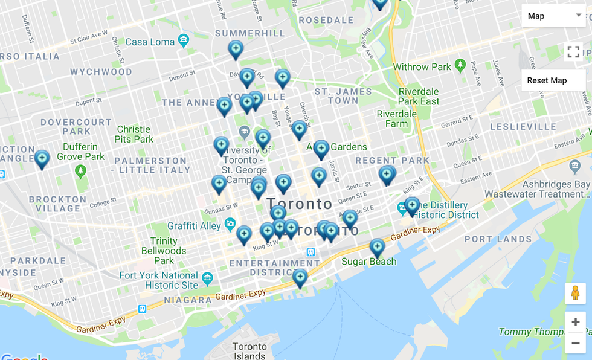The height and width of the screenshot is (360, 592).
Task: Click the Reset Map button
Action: [547, 80]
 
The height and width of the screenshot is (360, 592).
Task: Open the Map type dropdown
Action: [553, 16]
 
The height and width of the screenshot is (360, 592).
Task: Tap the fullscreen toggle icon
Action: [573, 52]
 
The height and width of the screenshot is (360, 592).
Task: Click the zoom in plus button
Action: [575, 322]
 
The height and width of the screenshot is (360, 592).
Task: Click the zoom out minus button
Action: [575, 343]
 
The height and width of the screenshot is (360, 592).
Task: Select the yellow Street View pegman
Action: [575, 293]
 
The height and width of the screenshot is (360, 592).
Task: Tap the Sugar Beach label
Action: [368, 262]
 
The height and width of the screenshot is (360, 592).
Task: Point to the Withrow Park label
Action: [422, 66]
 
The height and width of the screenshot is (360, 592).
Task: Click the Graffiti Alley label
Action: [194, 226]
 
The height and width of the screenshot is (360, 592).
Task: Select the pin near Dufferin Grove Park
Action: [42, 159]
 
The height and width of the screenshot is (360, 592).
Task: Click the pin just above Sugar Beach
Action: [377, 247]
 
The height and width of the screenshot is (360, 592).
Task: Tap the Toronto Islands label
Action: [249, 351]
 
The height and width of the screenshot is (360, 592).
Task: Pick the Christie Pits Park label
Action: [134, 134]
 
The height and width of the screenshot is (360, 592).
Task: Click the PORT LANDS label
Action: [498, 239]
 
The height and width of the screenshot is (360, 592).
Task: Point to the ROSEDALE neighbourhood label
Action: [326, 20]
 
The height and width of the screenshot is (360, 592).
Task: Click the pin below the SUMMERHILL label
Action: [236, 49]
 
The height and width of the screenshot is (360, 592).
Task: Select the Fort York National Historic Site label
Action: [159, 280]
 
